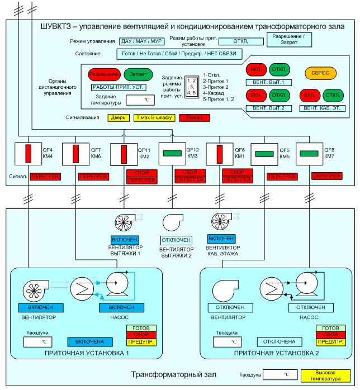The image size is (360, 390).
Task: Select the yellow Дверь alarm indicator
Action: pos(118,118)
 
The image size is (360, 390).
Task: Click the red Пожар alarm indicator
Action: pos(195,118)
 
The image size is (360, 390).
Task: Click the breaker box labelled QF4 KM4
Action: pos(26,154)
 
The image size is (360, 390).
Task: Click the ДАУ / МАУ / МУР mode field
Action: pos(141,41)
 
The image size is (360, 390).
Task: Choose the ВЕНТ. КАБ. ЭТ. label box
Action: pos(321,107)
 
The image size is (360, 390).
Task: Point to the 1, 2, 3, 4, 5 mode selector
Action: pos(192,87)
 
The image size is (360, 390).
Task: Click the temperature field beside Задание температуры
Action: pos(140,101)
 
